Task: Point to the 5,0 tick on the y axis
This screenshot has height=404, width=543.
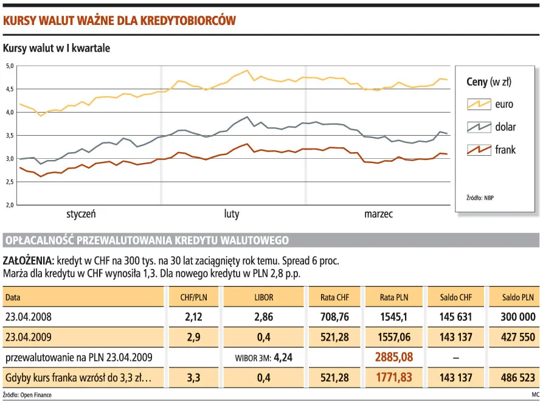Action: pyautogui.click(x=10, y=66)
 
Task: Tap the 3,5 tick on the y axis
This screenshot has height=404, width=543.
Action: pyautogui.click(x=10, y=136)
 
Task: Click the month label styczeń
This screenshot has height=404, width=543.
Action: pyautogui.click(x=81, y=214)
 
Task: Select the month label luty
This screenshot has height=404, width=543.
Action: pyautogui.click(x=232, y=214)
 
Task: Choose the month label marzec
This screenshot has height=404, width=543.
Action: pyautogui.click(x=378, y=214)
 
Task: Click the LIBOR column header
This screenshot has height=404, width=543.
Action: pyautogui.click(x=264, y=298)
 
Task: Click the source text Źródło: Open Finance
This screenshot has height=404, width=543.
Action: pyautogui.click(x=27, y=395)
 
